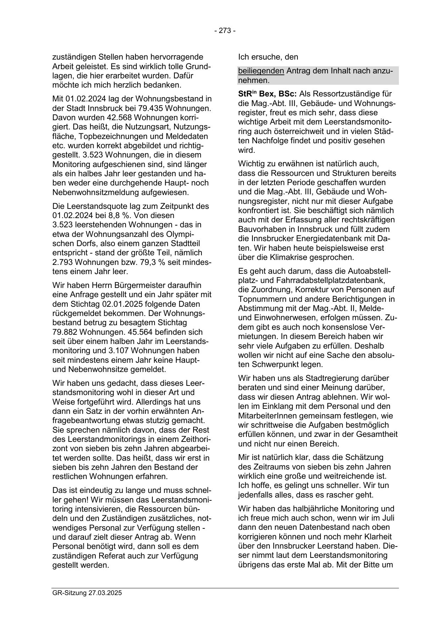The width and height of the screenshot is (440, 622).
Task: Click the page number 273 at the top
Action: pos(225,31)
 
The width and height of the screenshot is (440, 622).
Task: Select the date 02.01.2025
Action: pos(123,304)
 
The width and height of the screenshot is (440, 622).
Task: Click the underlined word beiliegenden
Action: pos(261,71)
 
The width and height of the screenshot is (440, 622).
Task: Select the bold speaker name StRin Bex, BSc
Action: pos(268,94)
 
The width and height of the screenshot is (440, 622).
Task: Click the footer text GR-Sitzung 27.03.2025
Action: pos(87,593)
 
